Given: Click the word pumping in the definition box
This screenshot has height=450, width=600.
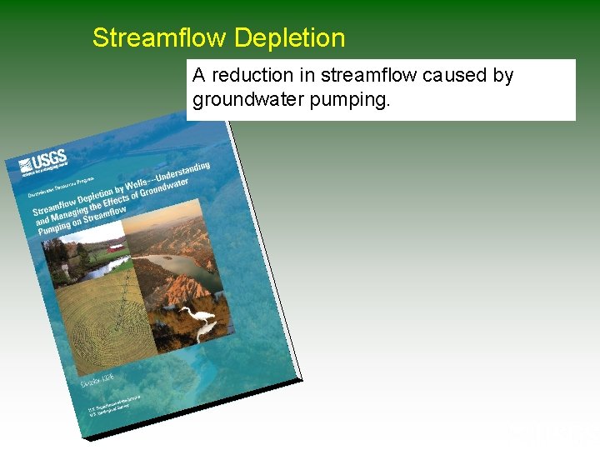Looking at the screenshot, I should [357, 100].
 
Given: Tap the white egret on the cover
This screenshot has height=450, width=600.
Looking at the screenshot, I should [200, 314].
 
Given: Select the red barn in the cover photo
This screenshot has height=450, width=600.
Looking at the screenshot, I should [115, 247].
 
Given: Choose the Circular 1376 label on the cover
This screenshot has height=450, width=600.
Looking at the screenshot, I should [98, 380].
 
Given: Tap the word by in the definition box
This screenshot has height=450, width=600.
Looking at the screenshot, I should [502, 76].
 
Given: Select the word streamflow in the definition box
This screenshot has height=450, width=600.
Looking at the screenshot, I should [372, 76].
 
